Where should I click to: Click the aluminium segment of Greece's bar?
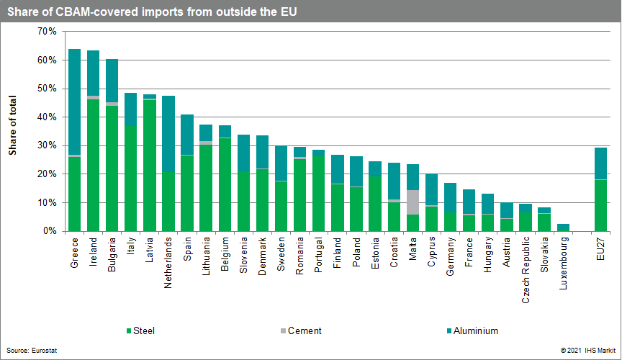[x=74, y=102]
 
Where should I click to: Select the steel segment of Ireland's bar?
[x=93, y=165]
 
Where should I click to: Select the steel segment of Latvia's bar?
[x=150, y=166]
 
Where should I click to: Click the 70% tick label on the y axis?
[x=46, y=32]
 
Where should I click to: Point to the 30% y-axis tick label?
[x=46, y=145]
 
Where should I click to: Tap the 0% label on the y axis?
[x=49, y=231]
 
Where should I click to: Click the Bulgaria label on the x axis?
[x=112, y=256]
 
